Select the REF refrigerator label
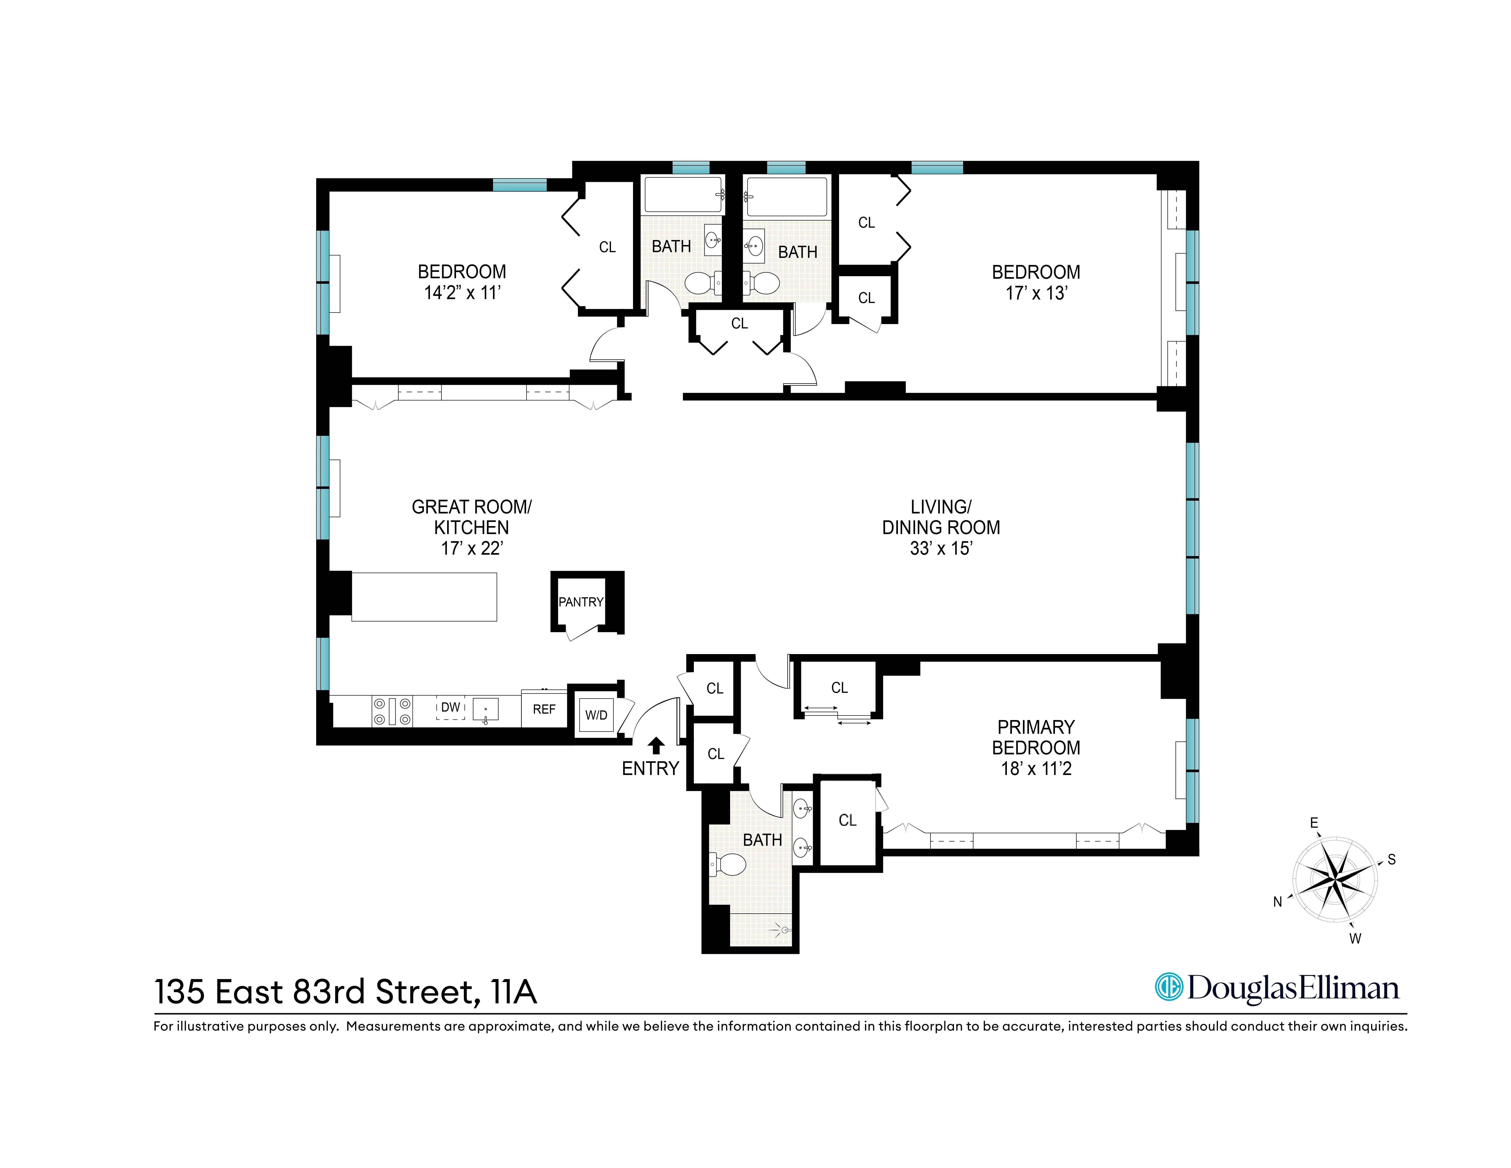[544, 709]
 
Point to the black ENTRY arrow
[656, 745]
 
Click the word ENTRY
[650, 769]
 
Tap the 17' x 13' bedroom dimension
[1036, 293]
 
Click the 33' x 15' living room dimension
[941, 549]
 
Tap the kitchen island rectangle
[424, 596]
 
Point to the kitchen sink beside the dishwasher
[486, 710]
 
